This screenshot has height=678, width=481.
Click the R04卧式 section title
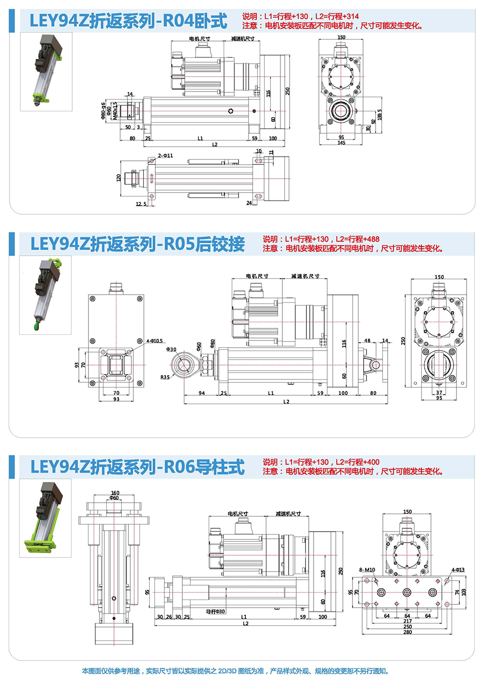point(128,21)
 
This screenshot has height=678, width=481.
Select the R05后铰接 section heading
point(138,244)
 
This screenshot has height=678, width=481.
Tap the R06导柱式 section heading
point(138,467)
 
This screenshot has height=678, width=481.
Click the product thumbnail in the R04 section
point(46,72)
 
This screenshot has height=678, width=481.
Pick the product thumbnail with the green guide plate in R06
point(45,518)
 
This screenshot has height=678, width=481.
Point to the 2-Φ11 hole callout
point(165,156)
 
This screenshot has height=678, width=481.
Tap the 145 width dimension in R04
point(341,143)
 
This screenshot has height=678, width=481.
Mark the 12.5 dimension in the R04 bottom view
point(141,204)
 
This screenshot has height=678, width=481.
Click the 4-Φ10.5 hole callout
point(154,341)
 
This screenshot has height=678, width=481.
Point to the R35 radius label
point(165,378)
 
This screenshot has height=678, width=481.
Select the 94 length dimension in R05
point(202,393)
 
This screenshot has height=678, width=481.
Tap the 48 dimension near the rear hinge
point(367,341)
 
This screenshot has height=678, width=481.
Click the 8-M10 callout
point(367,570)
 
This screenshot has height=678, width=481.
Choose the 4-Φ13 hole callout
point(458,570)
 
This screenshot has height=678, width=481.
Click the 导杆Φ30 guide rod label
point(215,612)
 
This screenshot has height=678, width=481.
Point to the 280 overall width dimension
point(407,632)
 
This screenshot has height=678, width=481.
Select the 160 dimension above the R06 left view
point(115,493)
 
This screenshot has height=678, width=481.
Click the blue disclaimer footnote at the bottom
point(235,671)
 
